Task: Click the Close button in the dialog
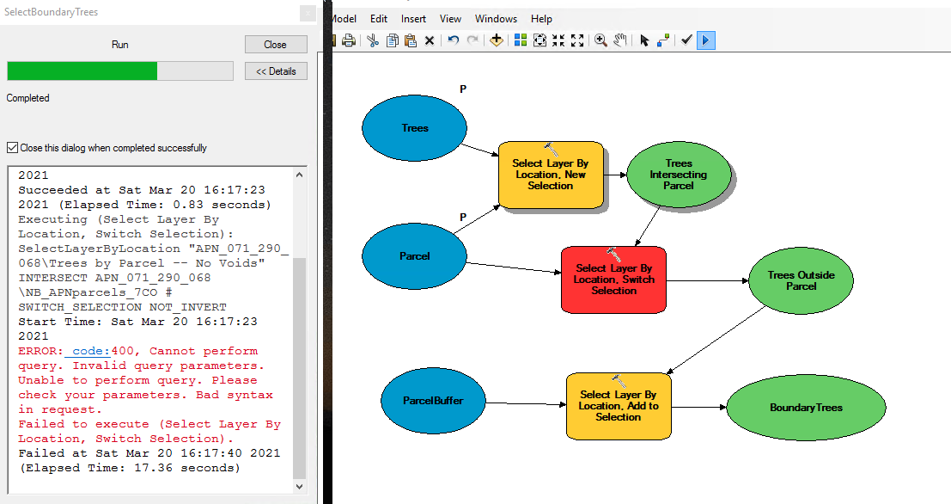pyautogui.click(x=276, y=45)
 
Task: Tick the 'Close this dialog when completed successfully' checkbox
pyautogui.click(x=12, y=148)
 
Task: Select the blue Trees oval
pyautogui.click(x=414, y=128)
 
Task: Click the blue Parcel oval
pyautogui.click(x=414, y=256)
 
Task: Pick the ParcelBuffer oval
pyautogui.click(x=433, y=401)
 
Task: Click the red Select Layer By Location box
pyautogui.click(x=613, y=280)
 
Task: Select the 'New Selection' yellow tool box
pyautogui.click(x=551, y=175)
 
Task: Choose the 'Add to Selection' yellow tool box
pyautogui.click(x=618, y=406)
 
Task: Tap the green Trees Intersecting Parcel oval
pyautogui.click(x=678, y=175)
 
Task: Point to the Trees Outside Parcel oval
pyautogui.click(x=802, y=280)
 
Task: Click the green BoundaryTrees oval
pyautogui.click(x=806, y=408)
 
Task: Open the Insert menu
pyautogui.click(x=413, y=19)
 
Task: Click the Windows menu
pyautogui.click(x=497, y=19)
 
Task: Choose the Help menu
pyautogui.click(x=541, y=19)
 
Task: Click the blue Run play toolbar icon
pyautogui.click(x=705, y=40)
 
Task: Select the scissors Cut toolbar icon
pyautogui.click(x=372, y=40)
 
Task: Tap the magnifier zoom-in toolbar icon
pyautogui.click(x=600, y=40)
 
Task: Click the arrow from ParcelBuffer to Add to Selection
pyautogui.click(x=526, y=404)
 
